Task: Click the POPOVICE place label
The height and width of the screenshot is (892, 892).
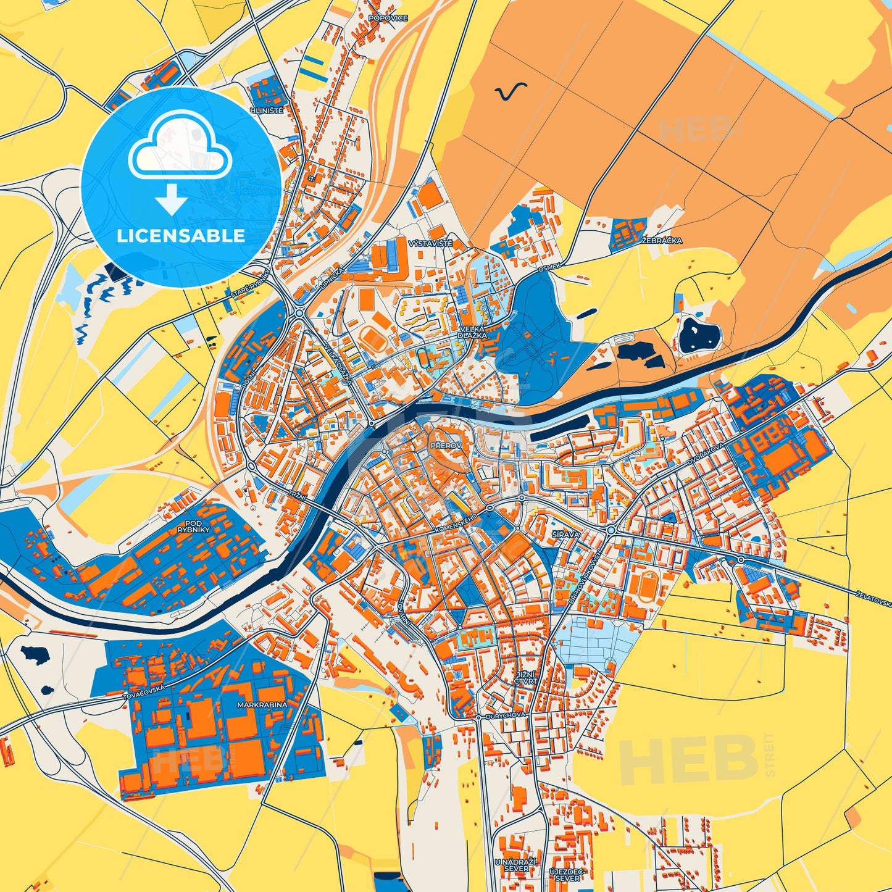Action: click(x=388, y=19)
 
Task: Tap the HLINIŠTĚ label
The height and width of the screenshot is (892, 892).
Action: click(x=266, y=110)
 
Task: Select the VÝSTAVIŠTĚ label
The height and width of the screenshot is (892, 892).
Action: click(x=430, y=244)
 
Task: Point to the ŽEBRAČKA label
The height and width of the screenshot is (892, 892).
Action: click(x=662, y=241)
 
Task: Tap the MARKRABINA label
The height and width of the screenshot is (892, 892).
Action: click(x=262, y=704)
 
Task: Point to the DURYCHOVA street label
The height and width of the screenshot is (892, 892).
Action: click(x=506, y=715)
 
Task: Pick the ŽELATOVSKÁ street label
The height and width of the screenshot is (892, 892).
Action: click(x=873, y=598)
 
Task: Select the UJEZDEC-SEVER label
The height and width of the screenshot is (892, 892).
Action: click(x=567, y=874)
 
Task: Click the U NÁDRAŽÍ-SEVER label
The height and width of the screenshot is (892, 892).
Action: click(x=516, y=864)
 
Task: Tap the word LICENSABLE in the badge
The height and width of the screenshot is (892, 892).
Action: click(x=181, y=236)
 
